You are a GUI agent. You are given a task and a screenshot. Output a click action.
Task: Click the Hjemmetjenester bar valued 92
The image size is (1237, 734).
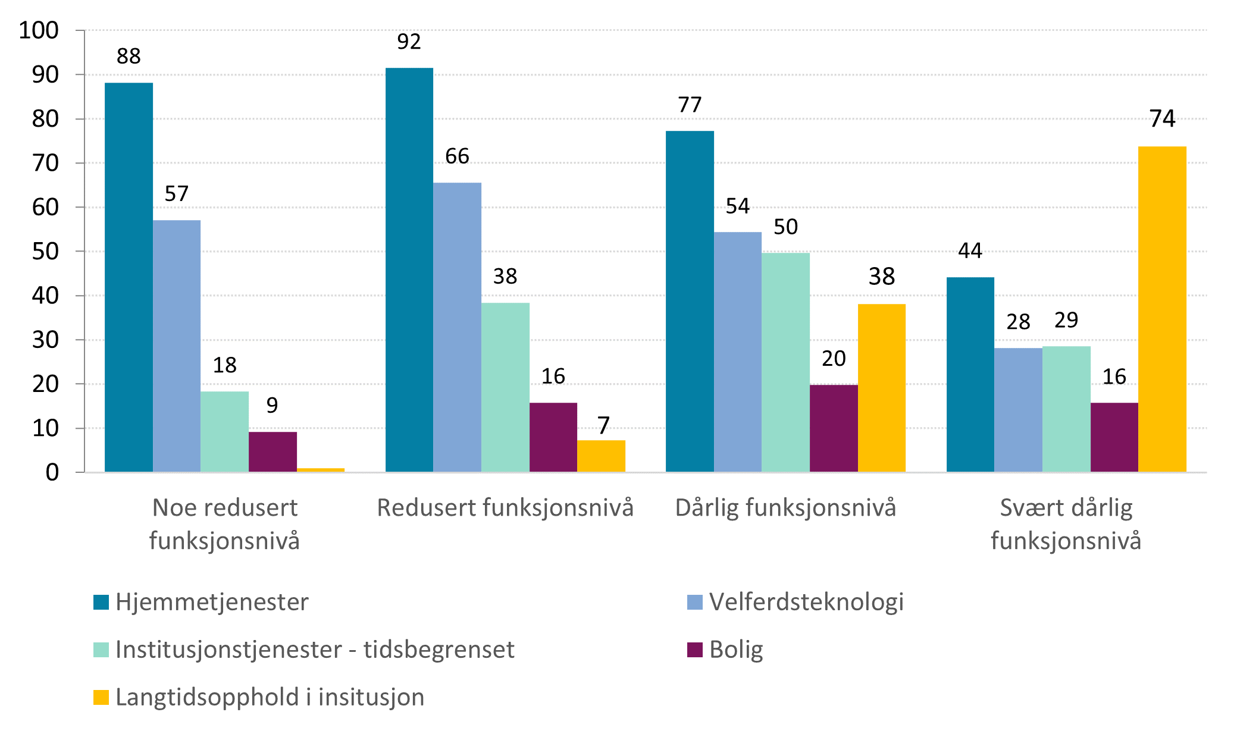click(409, 270)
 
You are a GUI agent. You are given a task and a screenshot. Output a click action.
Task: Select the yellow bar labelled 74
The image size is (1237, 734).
click(1161, 309)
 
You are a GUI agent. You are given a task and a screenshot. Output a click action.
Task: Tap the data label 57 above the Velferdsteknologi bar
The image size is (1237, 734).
click(176, 194)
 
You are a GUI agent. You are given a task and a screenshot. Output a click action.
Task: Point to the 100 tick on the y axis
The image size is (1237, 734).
click(39, 30)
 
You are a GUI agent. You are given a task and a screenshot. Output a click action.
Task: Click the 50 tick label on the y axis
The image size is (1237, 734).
click(45, 252)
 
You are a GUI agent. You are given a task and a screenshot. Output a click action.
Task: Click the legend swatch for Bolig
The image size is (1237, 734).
click(694, 650)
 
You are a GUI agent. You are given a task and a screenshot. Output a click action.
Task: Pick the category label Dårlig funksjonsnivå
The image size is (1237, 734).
click(785, 508)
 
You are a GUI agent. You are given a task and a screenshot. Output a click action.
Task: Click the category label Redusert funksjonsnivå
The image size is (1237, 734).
click(505, 508)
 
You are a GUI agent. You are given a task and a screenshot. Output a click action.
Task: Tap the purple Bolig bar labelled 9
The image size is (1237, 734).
click(273, 452)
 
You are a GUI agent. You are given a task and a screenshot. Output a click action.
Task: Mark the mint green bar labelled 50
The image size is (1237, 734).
click(785, 363)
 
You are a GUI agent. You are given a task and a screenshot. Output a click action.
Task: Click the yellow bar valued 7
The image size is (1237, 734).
click(601, 456)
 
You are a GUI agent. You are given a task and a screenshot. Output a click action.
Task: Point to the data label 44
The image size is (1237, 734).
click(970, 251)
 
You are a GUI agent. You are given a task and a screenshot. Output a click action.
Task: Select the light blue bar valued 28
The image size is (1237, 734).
click(1018, 410)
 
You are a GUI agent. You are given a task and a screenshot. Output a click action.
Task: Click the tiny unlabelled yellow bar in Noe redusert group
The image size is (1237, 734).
click(320, 470)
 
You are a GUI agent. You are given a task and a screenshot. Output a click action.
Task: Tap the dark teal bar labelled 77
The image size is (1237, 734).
click(690, 302)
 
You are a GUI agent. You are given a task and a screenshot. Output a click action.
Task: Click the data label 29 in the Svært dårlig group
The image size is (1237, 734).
click(1066, 321)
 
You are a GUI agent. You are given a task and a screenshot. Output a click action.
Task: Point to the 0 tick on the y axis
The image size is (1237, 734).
click(52, 473)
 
